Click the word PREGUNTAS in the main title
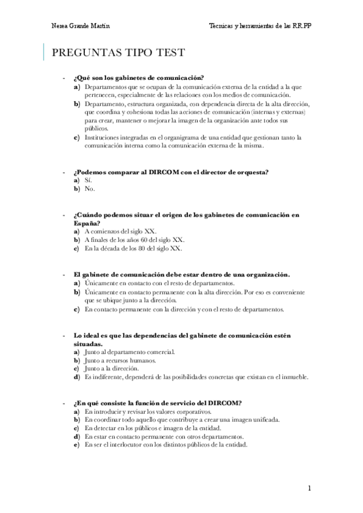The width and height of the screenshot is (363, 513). tap(87, 53)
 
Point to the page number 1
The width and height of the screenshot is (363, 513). tap(309, 488)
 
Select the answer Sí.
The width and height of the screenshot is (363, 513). tap(88, 180)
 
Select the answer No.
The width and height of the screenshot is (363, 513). tap(90, 189)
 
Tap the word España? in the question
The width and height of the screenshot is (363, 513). tap(87, 223)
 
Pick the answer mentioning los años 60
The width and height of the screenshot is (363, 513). tap(134, 240)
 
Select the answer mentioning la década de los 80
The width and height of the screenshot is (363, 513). tap(133, 248)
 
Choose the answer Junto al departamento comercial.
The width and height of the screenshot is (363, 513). tap(130, 352)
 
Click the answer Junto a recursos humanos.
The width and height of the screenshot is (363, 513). tap(122, 361)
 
